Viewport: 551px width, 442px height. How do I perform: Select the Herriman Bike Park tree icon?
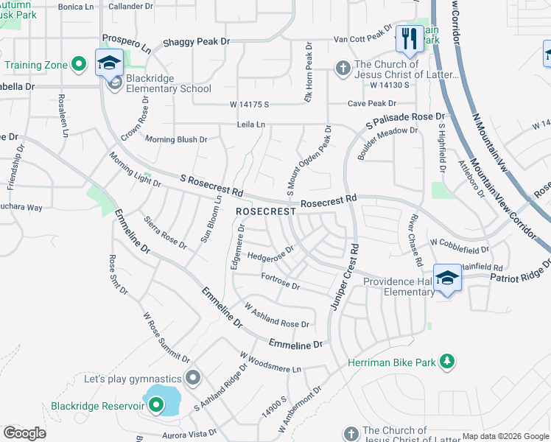tap(446, 361)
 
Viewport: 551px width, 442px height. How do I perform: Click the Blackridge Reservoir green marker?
tap(155, 404)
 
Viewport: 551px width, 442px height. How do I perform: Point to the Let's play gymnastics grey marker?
tap(193, 379)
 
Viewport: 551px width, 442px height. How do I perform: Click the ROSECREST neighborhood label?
tap(266, 211)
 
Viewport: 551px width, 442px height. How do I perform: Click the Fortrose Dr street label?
tap(281, 281)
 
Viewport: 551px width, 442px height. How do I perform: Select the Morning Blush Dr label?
tap(176, 138)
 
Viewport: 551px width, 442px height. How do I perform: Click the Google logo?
tap(24, 433)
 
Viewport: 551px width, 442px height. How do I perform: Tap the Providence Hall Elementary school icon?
tap(447, 277)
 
